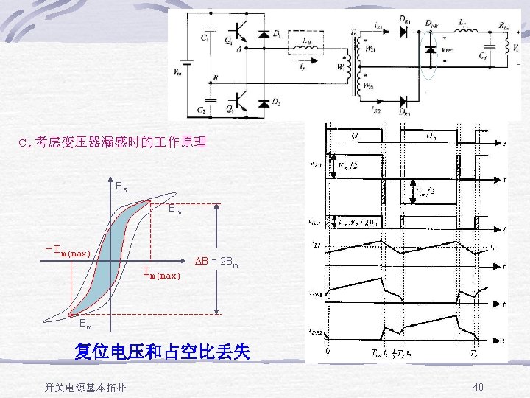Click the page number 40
click(x=478, y=388)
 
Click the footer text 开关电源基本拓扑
click(x=85, y=388)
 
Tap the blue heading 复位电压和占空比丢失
click(x=162, y=352)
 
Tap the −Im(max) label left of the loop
click(x=68, y=253)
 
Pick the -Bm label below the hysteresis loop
click(x=83, y=323)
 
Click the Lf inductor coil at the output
click(x=463, y=32)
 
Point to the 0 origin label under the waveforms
click(x=328, y=352)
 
